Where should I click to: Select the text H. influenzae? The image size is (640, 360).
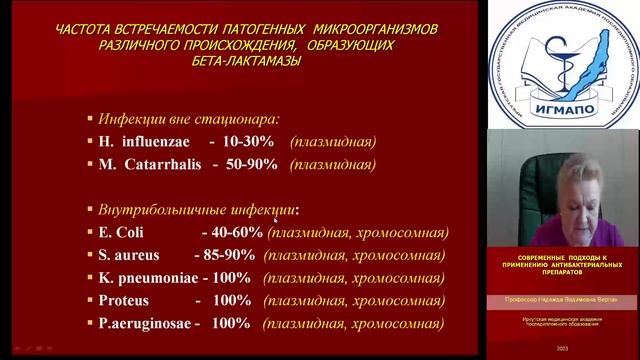click(x=143, y=141)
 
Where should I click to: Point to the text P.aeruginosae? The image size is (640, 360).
click(x=142, y=324)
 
